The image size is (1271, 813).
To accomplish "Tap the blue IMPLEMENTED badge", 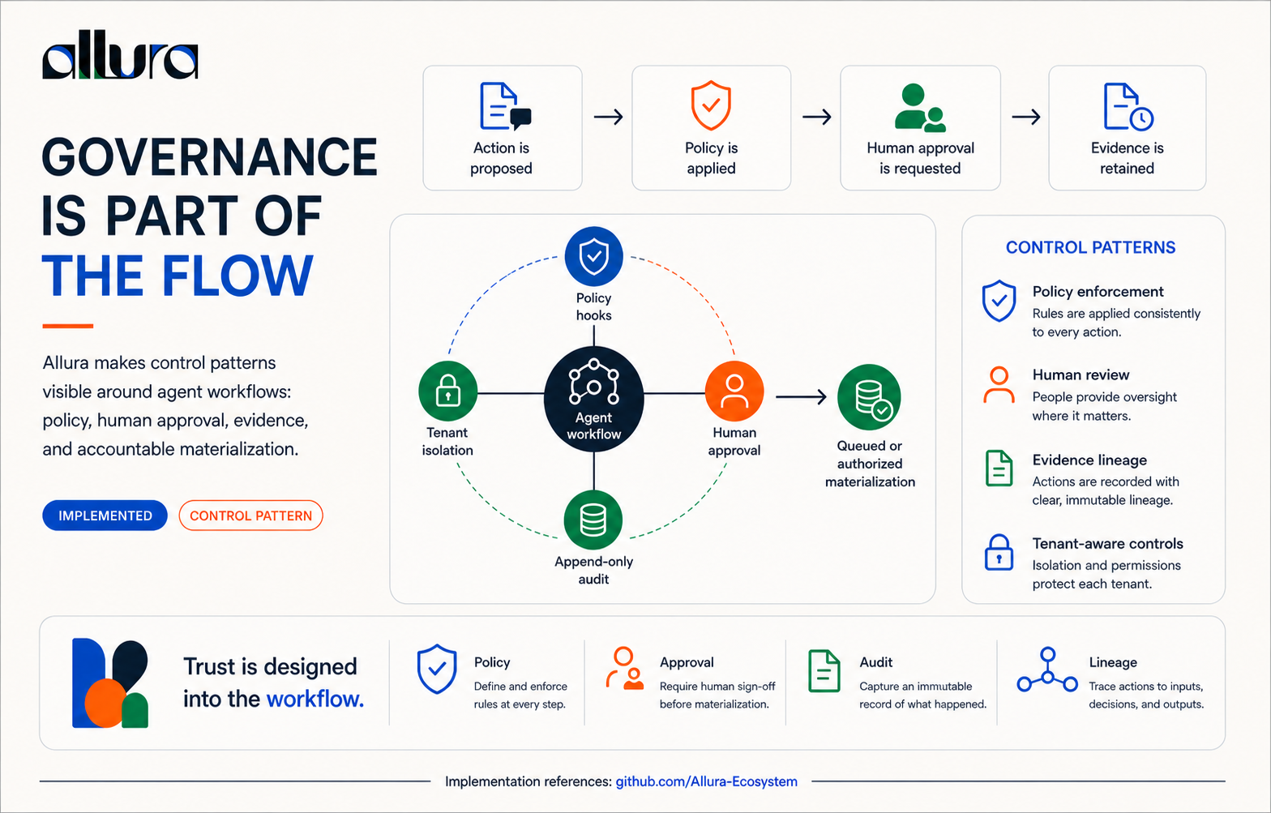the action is click(x=105, y=516).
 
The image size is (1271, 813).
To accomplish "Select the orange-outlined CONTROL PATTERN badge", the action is click(x=250, y=516).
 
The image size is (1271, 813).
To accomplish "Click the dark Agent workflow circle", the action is click(x=593, y=399).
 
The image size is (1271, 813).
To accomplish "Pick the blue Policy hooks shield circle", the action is click(x=593, y=256).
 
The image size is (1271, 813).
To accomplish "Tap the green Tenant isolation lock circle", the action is click(x=447, y=391).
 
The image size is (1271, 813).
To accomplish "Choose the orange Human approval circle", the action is click(x=734, y=391).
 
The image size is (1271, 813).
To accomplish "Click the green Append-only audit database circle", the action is click(x=593, y=520).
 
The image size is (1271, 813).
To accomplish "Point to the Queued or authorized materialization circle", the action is click(x=869, y=397).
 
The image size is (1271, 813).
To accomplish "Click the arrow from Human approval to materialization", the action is click(x=801, y=396).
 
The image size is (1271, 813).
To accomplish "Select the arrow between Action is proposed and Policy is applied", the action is click(x=608, y=117).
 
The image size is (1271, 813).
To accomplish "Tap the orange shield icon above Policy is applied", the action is click(x=711, y=105).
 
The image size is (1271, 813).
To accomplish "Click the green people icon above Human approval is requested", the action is click(x=920, y=108).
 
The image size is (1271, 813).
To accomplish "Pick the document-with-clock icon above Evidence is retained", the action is click(x=1128, y=107).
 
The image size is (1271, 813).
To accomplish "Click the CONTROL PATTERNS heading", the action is click(x=1090, y=247).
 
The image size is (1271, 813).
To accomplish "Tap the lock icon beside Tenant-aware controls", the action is click(x=999, y=552).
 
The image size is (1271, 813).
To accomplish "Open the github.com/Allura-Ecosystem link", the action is click(x=707, y=781).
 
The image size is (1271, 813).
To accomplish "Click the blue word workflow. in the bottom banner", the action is click(x=315, y=699).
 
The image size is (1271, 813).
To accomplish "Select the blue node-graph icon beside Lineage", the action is click(x=1047, y=670).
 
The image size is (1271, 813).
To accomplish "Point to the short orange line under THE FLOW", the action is click(x=67, y=326).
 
